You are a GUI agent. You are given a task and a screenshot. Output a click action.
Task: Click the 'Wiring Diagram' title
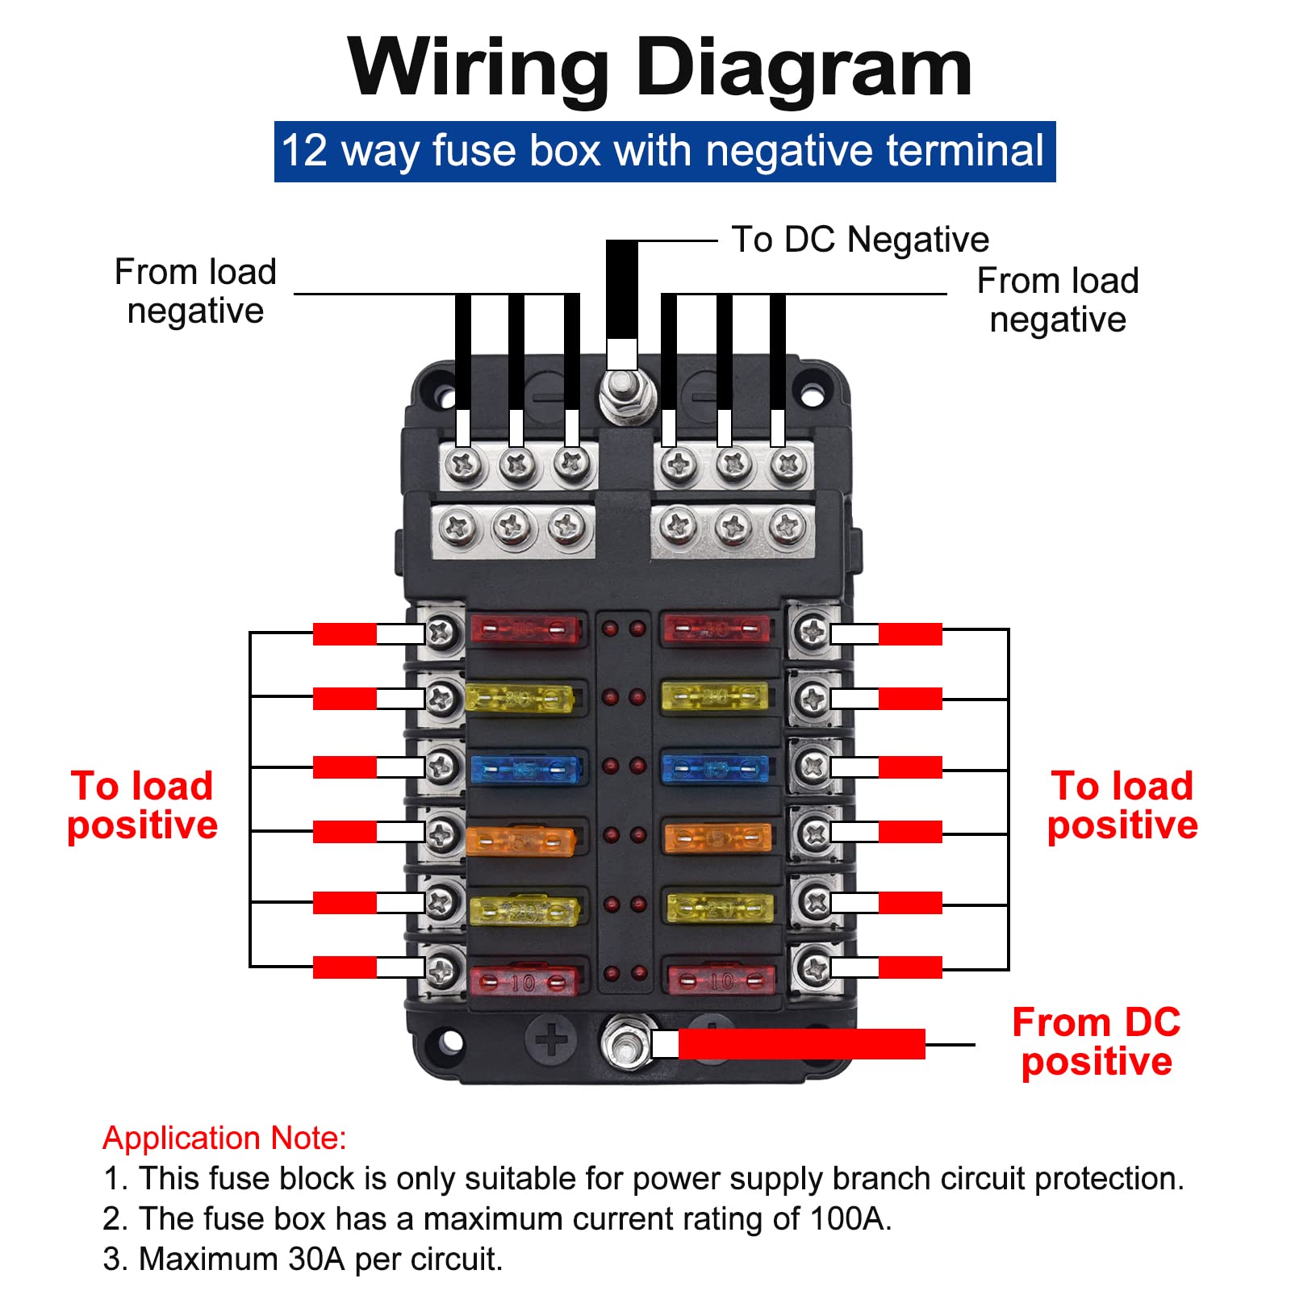pos(659,68)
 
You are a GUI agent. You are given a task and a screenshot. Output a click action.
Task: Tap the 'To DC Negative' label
pos(859,240)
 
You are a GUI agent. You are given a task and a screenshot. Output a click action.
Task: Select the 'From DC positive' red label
pos(1096,1042)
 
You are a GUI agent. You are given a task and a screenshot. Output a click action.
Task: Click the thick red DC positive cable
pos(800,1043)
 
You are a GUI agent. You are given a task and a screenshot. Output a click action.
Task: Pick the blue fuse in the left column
pos(525,770)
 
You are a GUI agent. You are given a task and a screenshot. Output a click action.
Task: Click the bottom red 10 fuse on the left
pos(523,981)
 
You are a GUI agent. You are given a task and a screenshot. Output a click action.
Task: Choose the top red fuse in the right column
pos(716,629)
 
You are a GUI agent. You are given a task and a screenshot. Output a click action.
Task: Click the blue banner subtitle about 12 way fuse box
pos(664,151)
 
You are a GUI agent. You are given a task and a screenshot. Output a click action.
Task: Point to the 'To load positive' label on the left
pos(142,805)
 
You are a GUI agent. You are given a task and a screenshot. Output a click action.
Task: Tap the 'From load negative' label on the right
pos(1057,300)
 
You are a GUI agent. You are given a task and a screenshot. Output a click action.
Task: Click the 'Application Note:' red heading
pos(224,1138)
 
